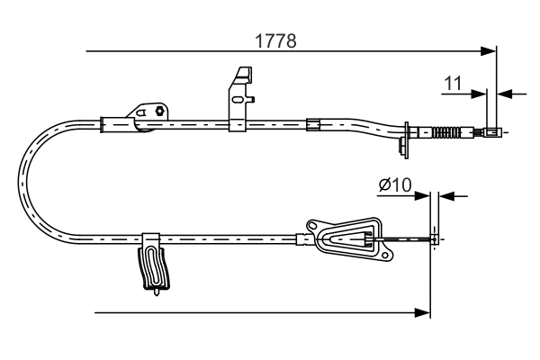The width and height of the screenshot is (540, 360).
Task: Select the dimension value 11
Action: (453, 84)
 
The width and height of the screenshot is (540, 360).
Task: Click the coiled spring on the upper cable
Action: (445, 135)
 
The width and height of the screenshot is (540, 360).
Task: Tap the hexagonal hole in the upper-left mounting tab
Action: (158, 112)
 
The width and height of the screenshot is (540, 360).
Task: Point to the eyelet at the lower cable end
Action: (436, 238)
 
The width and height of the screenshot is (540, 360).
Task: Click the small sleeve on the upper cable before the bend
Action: (312, 123)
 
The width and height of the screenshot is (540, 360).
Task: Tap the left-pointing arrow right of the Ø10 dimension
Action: (447, 194)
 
